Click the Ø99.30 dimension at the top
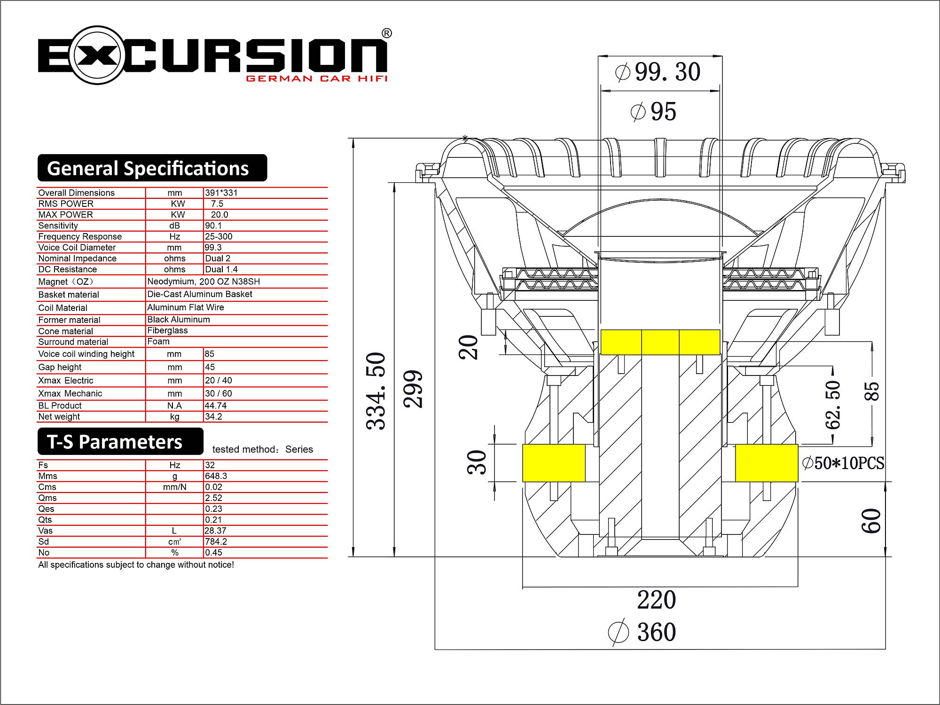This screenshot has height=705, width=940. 658,72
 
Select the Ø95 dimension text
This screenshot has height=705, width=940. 653,112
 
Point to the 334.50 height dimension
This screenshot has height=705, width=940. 376,391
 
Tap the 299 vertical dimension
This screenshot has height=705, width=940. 413,389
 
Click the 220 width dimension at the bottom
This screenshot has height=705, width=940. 657,600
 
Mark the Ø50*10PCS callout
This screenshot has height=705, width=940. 843,463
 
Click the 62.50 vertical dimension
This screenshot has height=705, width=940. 833,405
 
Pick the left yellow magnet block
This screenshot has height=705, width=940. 554,463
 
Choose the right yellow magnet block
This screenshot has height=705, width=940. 767,463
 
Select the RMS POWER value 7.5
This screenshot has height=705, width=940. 217,204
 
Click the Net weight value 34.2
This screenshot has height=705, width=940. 213,416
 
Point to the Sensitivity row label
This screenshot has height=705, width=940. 58,226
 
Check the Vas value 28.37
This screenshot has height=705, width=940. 215,531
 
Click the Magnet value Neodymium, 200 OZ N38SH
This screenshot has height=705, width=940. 204,282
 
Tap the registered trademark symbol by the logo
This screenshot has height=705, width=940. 386,33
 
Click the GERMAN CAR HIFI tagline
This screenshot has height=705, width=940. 317,78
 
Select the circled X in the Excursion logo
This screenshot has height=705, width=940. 98,55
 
